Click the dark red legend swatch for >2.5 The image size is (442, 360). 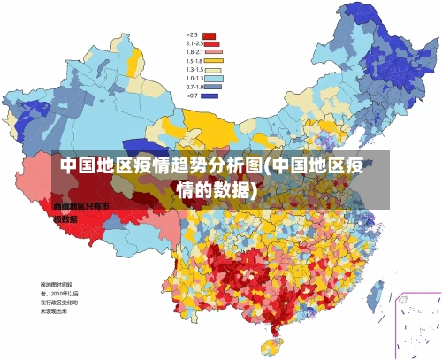tap(210, 35)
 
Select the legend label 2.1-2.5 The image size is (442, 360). tap(194, 43)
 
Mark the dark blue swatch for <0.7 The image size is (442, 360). tap(210, 96)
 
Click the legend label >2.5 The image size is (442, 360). tap(192, 35)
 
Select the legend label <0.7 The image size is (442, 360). tap(192, 96)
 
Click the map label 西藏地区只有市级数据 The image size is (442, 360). tap(74, 211)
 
